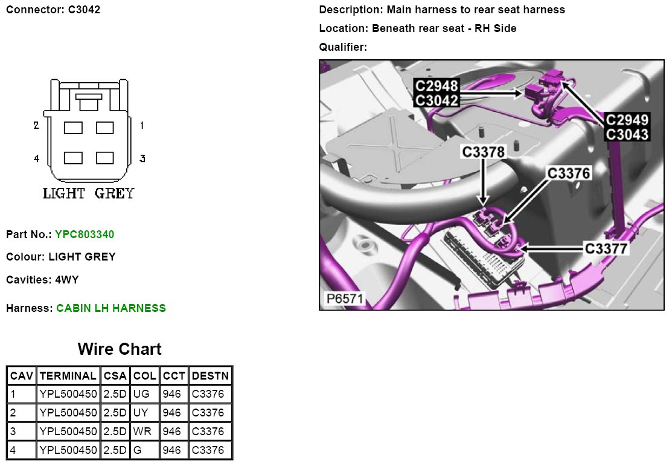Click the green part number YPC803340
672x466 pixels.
(85, 234)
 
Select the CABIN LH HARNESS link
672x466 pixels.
(111, 308)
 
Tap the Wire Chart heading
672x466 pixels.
(120, 349)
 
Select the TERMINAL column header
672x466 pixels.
(68, 375)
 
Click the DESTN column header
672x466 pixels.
(210, 375)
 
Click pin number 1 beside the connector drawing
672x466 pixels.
(142, 126)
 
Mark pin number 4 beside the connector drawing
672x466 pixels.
(36, 158)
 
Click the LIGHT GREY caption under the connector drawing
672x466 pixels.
(89, 194)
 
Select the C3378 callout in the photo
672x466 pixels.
(483, 152)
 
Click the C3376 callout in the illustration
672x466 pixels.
(568, 173)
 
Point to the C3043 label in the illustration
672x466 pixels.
(627, 134)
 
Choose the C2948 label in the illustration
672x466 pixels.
(436, 86)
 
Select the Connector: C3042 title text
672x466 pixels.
(53, 10)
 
